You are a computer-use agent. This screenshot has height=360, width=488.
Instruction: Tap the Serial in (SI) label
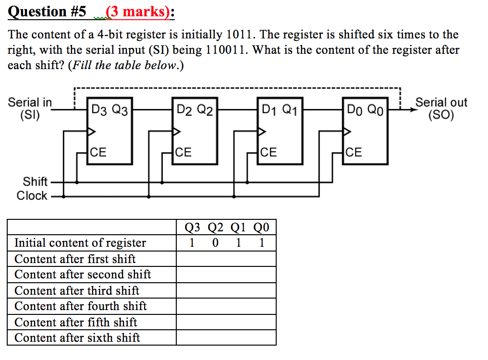30,108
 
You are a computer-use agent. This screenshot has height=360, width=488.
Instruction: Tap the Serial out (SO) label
441,108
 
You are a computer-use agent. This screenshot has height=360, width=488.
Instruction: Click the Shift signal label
35,181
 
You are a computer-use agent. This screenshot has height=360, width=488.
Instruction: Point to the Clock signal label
32,196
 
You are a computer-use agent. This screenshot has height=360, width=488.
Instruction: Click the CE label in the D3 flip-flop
98,153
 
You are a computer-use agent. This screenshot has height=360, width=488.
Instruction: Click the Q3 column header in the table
192,227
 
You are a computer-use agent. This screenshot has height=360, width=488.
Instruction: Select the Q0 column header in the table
262,227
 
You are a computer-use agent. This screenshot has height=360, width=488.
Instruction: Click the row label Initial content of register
80,243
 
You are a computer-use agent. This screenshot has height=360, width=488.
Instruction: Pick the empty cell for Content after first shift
226,259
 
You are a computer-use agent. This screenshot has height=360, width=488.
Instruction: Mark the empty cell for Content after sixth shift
226,337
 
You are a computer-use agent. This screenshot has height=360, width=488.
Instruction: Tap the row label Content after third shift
76,290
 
